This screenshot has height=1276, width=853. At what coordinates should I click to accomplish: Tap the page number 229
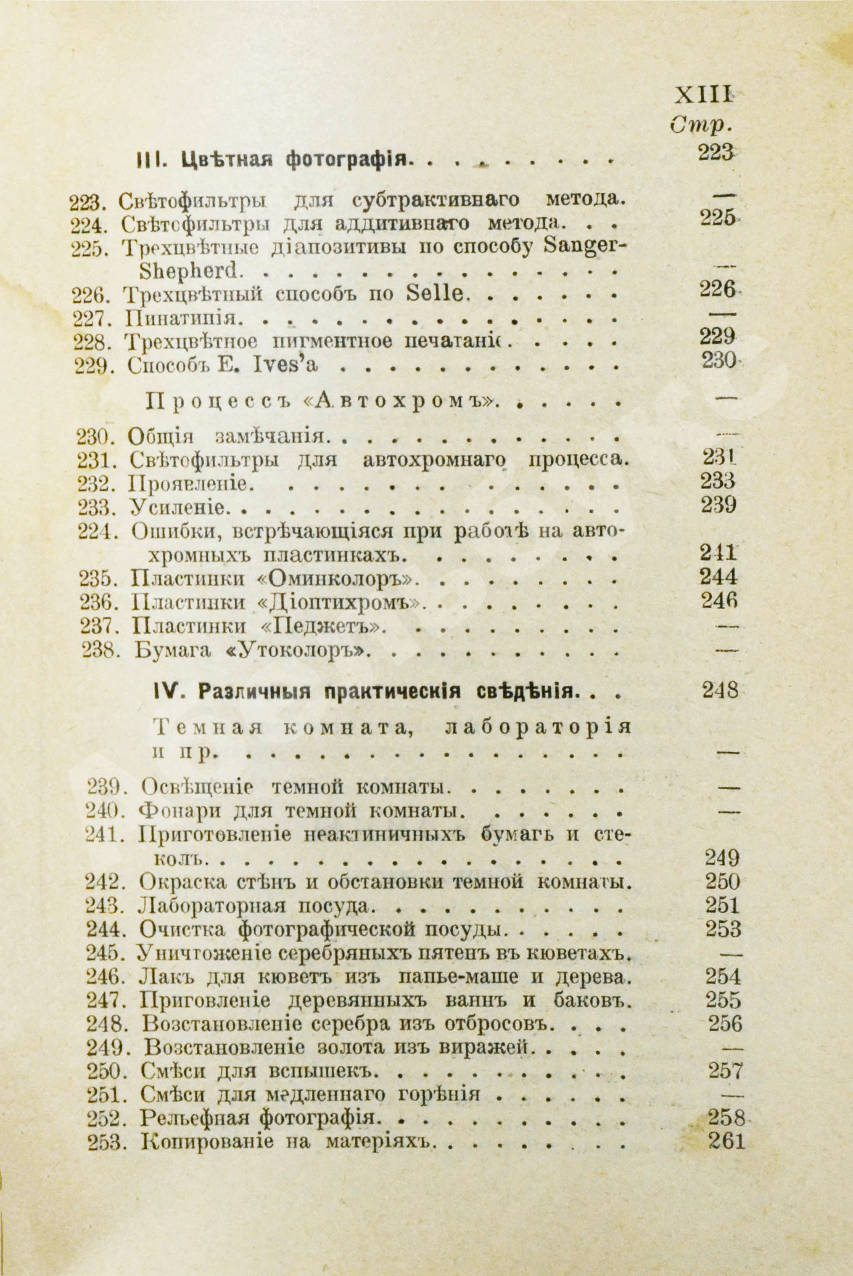coord(717,337)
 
